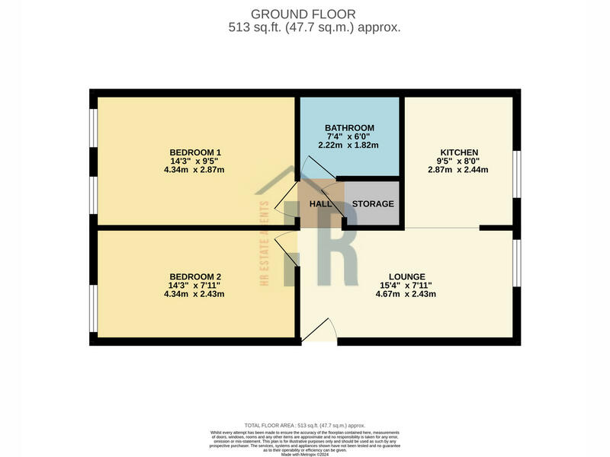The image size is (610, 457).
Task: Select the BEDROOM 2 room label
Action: pyautogui.click(x=195, y=276)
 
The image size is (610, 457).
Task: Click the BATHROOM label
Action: pyautogui.click(x=349, y=127)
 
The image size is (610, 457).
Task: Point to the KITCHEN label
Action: pyautogui.click(x=458, y=152)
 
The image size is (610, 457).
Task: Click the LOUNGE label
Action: pyautogui.click(x=406, y=276)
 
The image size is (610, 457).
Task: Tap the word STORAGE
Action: pyautogui.click(x=373, y=204)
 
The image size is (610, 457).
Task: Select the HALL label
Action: pyautogui.click(x=319, y=204)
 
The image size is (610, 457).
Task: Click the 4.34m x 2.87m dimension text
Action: pyautogui.click(x=195, y=170)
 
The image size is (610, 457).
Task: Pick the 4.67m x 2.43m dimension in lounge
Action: pyautogui.click(x=406, y=294)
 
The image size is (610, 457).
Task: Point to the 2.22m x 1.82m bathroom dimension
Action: pyautogui.click(x=349, y=145)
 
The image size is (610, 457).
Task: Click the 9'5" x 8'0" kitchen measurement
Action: pyautogui.click(x=458, y=161)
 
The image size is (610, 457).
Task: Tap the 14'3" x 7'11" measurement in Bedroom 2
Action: pyautogui.click(x=195, y=285)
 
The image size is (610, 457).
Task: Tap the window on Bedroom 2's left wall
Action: pyautogui.click(x=93, y=308)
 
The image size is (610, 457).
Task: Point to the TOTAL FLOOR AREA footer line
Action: pyautogui.click(x=304, y=424)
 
